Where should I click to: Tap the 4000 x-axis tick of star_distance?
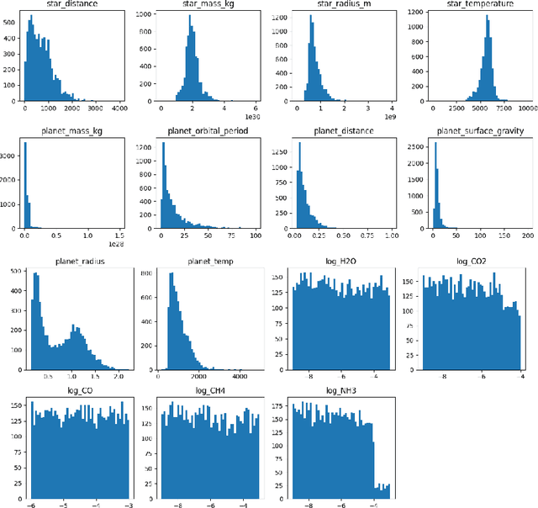(117, 108)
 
